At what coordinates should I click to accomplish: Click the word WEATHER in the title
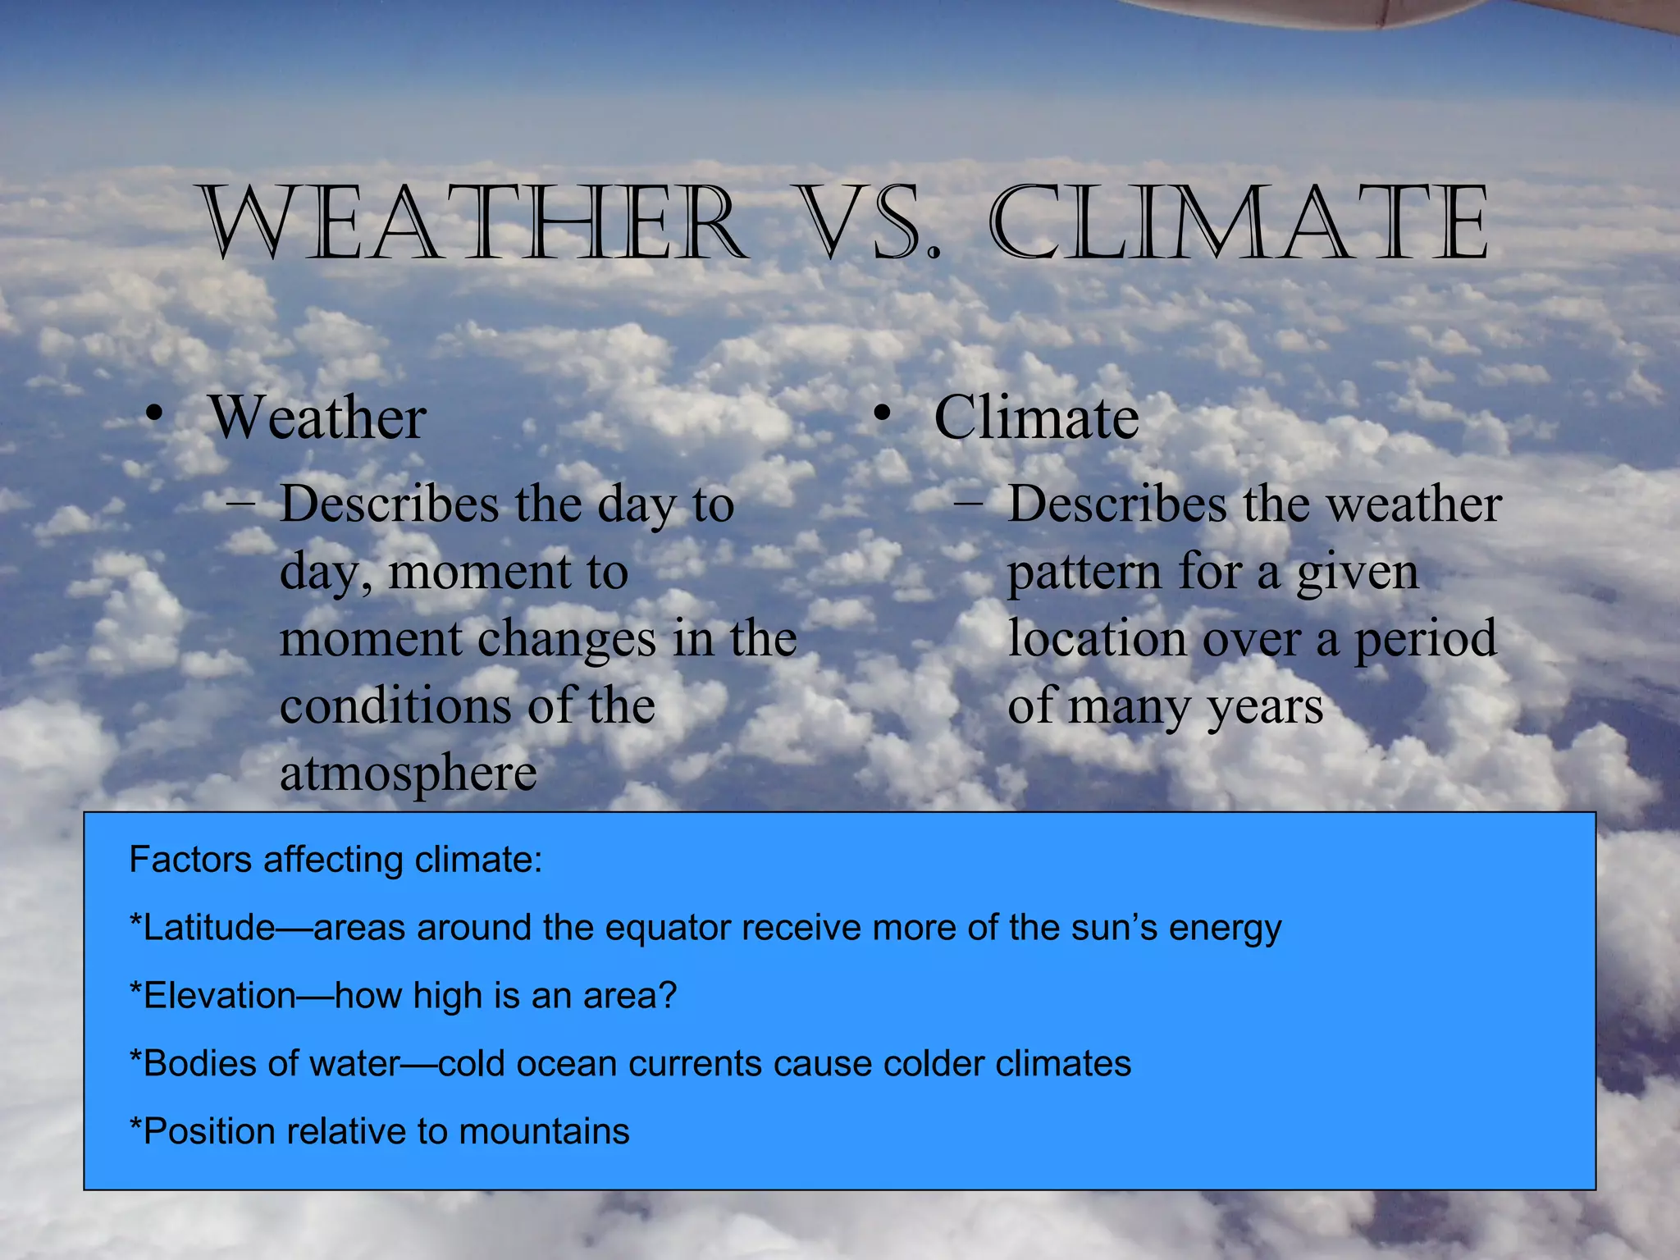(474, 223)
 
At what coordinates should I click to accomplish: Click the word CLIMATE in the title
(1239, 223)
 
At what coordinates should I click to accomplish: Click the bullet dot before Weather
(152, 414)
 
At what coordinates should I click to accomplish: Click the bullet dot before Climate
(881, 414)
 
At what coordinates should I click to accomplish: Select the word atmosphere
(408, 773)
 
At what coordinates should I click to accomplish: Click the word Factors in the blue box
(190, 860)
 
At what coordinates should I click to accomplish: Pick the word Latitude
(208, 928)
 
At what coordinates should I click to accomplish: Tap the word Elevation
(218, 996)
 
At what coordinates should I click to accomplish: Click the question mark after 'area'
(668, 996)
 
